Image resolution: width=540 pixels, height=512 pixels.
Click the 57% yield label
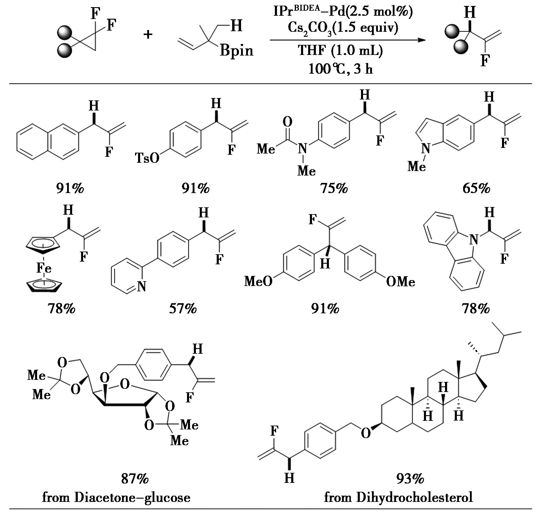tap(183, 309)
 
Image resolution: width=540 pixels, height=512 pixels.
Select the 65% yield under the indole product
tap(476, 188)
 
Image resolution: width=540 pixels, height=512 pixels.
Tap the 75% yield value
tap(334, 188)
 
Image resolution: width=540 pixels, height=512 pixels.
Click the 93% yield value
tap(410, 478)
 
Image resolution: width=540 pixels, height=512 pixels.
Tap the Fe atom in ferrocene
tap(44, 268)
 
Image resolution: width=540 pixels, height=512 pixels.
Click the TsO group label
tap(147, 158)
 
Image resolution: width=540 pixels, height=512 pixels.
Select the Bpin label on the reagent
tap(237, 51)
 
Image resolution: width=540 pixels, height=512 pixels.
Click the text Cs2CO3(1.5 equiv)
tap(343, 28)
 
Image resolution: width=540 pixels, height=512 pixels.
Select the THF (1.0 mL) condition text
tap(341, 50)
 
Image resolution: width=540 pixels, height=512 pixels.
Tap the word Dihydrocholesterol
tap(414, 497)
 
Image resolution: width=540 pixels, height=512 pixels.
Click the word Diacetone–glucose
tap(132, 497)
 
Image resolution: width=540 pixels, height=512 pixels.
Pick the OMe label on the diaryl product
tap(400, 281)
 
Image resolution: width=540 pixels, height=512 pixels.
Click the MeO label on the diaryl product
tap(258, 281)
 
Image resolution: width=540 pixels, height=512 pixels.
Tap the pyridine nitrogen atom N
tap(141, 286)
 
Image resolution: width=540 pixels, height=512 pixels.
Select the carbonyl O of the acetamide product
tap(287, 121)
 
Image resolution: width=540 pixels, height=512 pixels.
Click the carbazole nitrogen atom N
tap(474, 239)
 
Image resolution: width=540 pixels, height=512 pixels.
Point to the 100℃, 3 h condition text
tap(341, 69)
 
